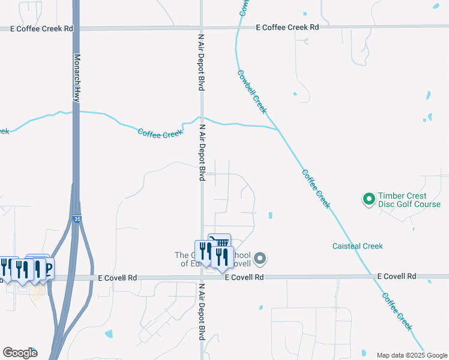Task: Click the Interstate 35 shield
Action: tap(76, 220)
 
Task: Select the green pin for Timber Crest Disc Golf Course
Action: tap(369, 198)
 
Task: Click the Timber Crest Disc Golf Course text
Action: tap(411, 200)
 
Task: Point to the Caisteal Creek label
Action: tap(358, 246)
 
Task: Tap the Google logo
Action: tap(19, 353)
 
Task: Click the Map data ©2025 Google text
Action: tap(411, 355)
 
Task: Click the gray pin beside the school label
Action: tap(259, 259)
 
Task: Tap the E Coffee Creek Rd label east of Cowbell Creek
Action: tap(287, 28)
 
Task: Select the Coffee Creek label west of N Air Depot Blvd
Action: tap(160, 133)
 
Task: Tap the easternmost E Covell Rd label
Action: tap(397, 276)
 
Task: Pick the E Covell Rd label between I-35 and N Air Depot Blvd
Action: tap(118, 278)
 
